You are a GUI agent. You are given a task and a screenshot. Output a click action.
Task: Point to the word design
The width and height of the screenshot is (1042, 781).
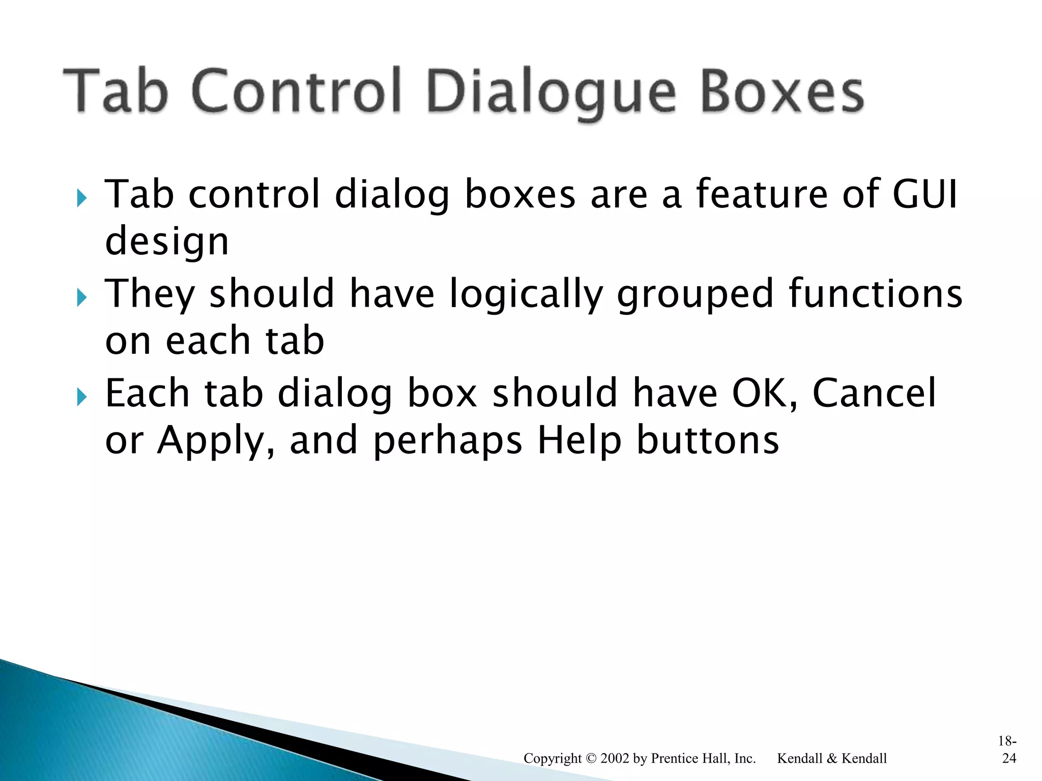click(166, 242)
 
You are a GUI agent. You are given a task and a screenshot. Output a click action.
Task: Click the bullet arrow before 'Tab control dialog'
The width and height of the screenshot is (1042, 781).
click(81, 198)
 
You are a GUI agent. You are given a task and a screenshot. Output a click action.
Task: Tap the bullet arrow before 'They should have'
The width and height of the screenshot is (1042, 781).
click(81, 297)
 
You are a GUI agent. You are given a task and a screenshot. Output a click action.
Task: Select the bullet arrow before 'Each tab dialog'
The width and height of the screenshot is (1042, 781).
click(81, 397)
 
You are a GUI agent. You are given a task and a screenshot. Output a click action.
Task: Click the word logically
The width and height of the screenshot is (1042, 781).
click(526, 295)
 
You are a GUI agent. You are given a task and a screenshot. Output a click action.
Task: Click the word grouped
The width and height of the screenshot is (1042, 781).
click(695, 295)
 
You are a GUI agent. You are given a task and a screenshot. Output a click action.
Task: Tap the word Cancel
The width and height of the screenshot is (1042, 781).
click(874, 393)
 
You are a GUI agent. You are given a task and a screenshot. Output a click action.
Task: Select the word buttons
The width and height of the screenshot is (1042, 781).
click(708, 440)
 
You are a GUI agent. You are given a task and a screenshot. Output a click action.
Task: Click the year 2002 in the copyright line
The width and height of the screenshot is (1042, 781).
click(615, 758)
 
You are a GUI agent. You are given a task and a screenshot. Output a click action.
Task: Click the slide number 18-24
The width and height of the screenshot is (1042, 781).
click(1007, 749)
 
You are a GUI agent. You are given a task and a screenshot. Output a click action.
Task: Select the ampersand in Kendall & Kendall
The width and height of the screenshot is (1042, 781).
click(832, 758)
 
